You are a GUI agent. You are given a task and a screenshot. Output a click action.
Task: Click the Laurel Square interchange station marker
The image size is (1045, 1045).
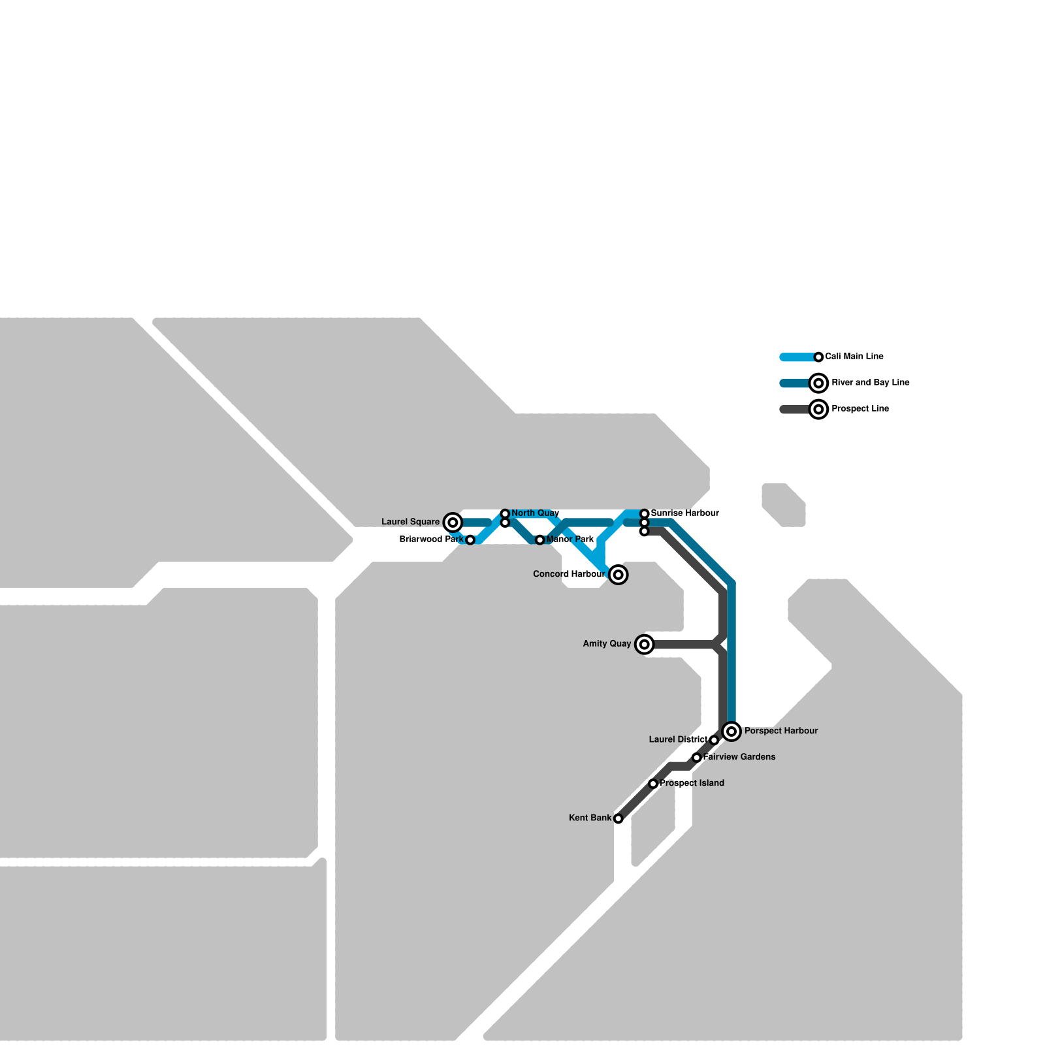(453, 522)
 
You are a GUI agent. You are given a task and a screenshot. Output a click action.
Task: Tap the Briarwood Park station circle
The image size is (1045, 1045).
(470, 540)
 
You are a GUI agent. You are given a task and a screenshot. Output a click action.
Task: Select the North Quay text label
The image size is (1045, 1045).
(535, 513)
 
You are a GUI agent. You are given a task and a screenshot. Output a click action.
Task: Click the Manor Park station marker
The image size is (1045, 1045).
(539, 540)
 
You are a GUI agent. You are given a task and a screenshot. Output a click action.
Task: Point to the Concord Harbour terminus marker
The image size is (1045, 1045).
(619, 575)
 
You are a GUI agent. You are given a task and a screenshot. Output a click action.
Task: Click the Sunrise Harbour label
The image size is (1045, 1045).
(684, 513)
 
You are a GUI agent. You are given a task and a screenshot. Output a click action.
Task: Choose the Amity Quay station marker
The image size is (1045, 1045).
(645, 645)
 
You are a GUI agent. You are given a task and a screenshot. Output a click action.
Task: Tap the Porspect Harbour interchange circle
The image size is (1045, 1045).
(731, 731)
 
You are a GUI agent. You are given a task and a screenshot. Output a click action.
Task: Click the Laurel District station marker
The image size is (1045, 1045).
(714, 740)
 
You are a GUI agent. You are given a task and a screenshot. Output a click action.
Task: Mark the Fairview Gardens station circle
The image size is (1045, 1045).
(697, 758)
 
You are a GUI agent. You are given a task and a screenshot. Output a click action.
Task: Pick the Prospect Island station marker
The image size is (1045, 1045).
(653, 784)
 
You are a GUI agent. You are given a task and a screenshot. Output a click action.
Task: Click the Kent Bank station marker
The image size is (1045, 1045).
(619, 818)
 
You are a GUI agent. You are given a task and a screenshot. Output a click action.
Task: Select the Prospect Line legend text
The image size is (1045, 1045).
(860, 409)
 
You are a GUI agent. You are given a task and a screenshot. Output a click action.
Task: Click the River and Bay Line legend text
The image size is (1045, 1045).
(870, 383)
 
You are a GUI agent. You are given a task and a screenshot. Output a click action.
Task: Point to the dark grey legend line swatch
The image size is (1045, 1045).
(794, 410)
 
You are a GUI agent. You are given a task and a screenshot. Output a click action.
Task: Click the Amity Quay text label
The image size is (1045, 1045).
(607, 644)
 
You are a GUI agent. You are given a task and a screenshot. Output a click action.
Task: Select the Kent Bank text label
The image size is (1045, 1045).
(590, 818)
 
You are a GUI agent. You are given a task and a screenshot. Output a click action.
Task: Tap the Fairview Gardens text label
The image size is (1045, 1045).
(739, 757)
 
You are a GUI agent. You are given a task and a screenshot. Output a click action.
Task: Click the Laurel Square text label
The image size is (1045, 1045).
(410, 522)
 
